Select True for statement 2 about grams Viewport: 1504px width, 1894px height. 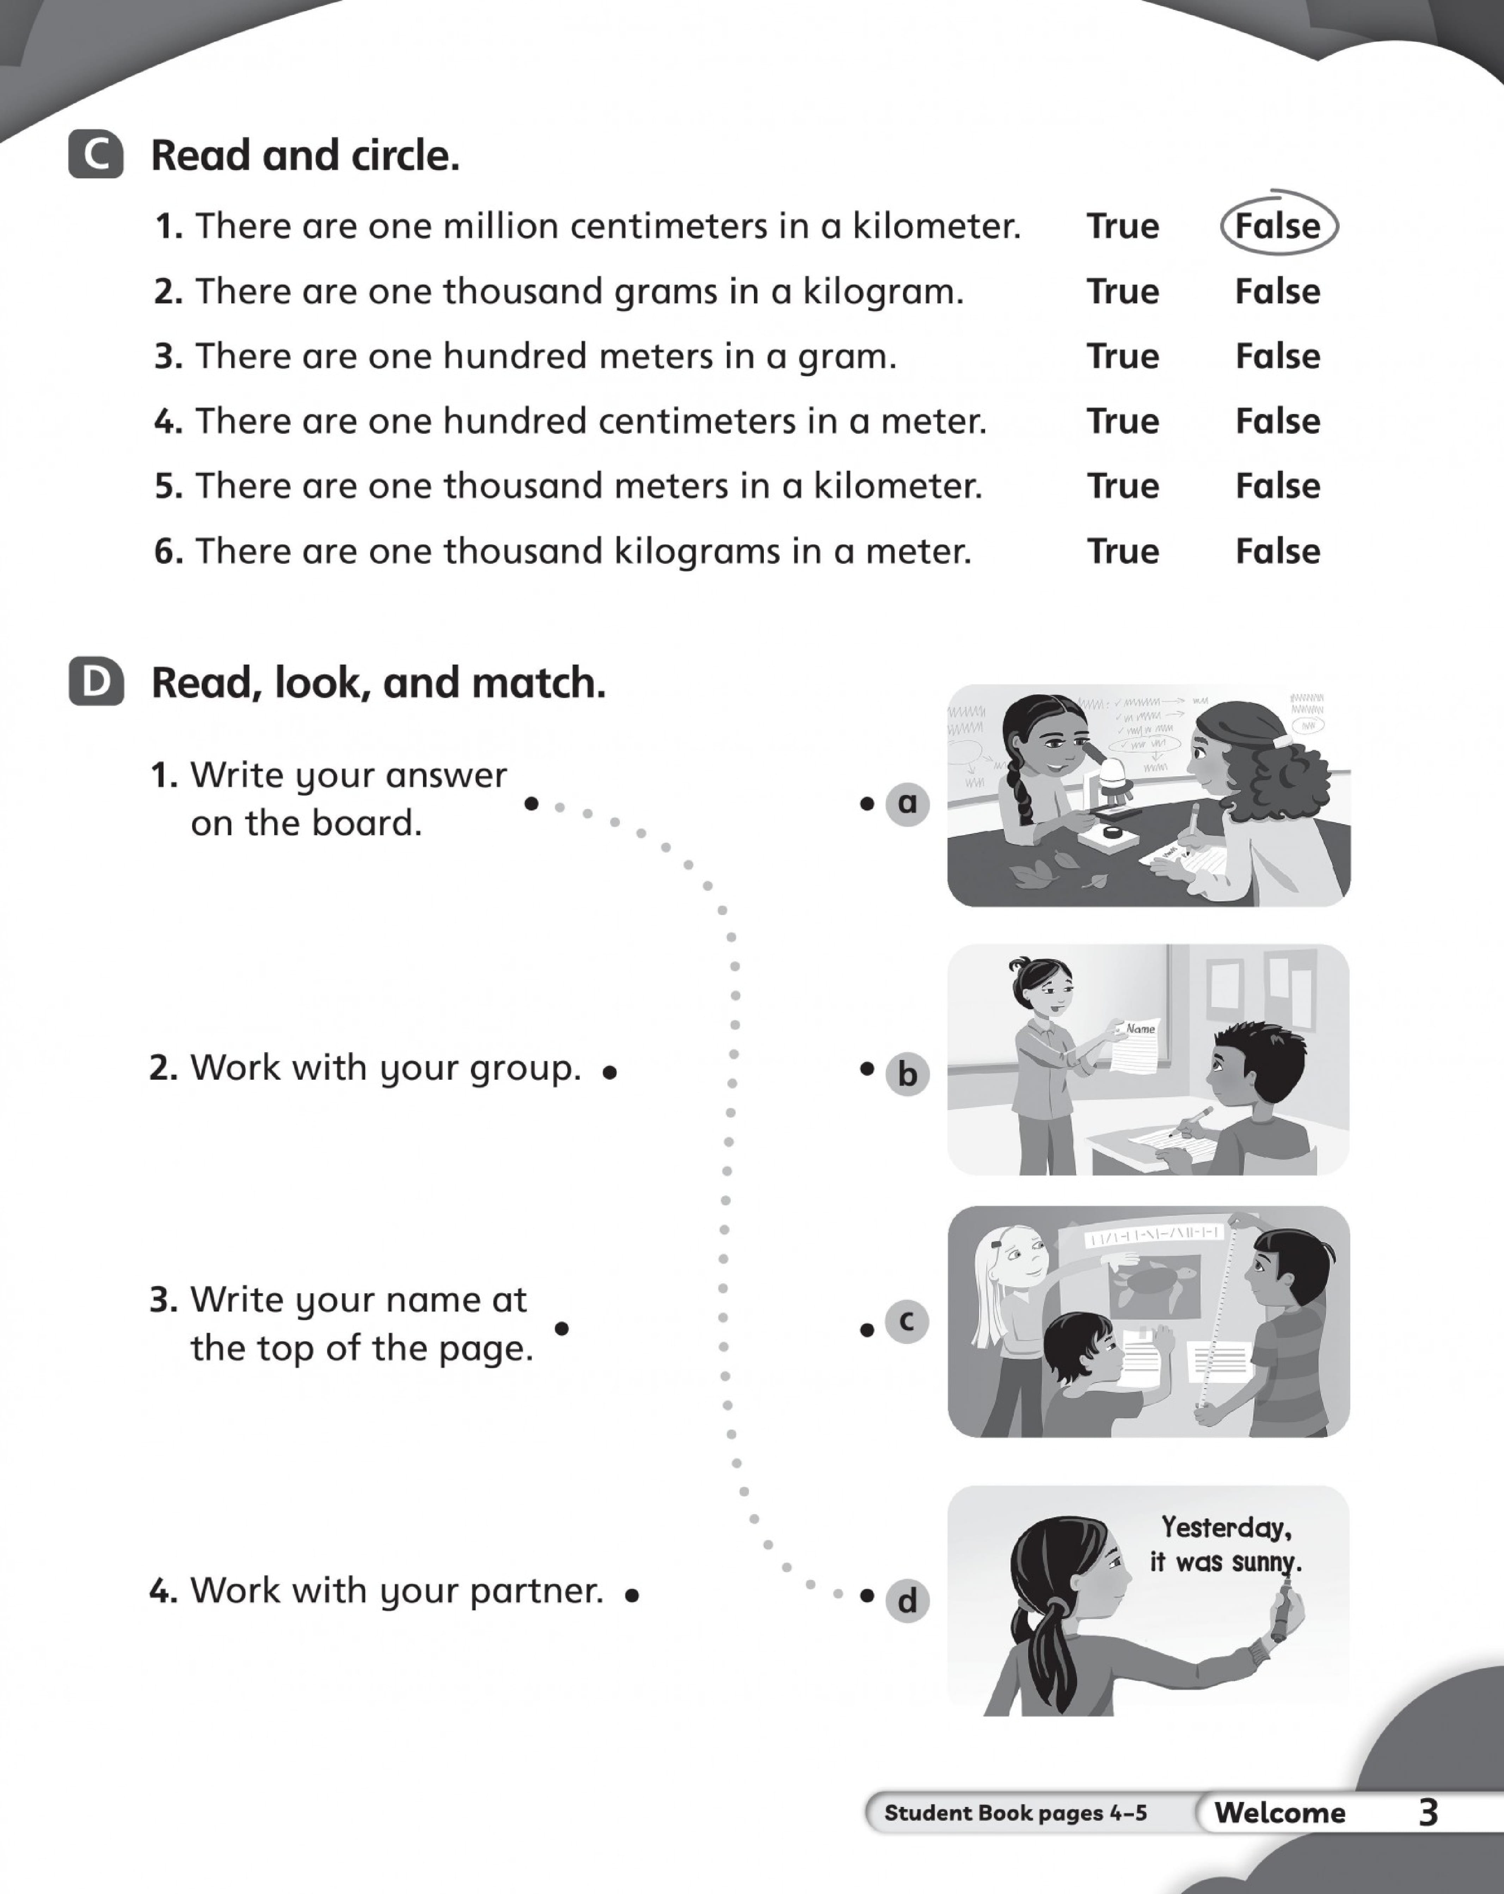tap(1123, 292)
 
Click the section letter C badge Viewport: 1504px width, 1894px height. tap(96, 155)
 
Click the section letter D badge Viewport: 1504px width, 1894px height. tap(96, 683)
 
